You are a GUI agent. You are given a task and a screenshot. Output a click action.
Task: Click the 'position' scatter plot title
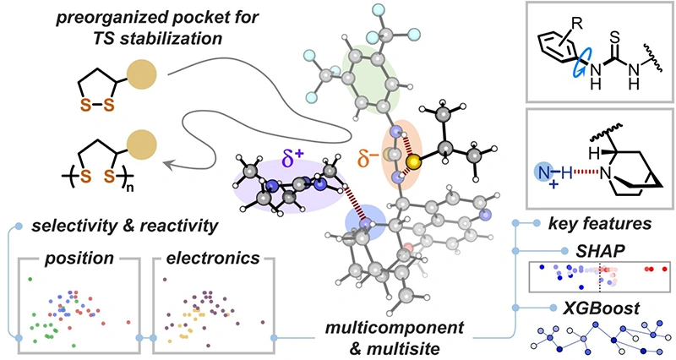click(68, 254)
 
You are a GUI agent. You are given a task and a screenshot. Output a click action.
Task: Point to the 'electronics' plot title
click(203, 254)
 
